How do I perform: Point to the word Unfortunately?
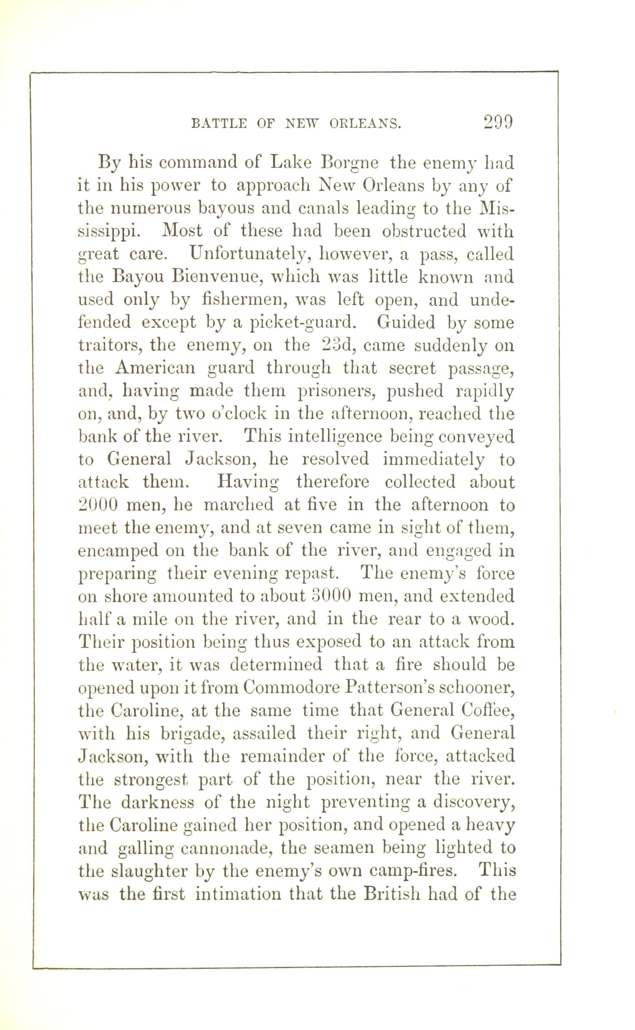pyautogui.click(x=251, y=254)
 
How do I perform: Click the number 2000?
pyautogui.click(x=97, y=505)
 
